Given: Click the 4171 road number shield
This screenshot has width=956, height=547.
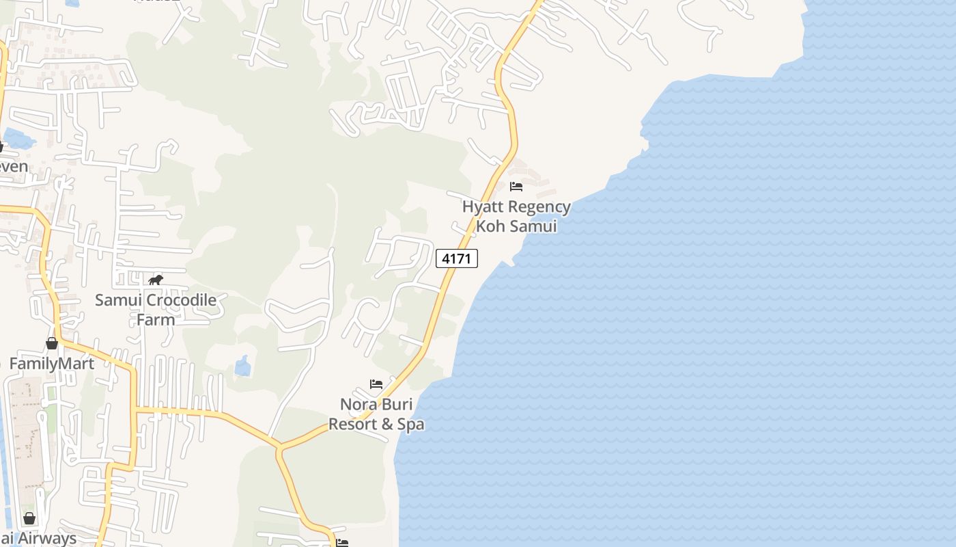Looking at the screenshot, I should click(x=457, y=258).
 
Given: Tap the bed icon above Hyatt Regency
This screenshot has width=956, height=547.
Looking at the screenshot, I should click(x=516, y=186).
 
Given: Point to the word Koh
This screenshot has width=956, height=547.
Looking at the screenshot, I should click(x=490, y=226).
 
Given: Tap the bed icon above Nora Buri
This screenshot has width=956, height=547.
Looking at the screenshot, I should click(x=376, y=384).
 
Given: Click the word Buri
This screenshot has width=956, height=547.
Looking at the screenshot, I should click(x=397, y=404).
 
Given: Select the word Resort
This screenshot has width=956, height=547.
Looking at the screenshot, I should click(x=352, y=424).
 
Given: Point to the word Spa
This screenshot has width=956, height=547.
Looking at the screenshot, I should click(x=411, y=424).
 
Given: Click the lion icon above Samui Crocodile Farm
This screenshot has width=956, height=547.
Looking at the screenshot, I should click(x=156, y=280).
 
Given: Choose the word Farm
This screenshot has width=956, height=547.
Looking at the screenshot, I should click(x=156, y=319).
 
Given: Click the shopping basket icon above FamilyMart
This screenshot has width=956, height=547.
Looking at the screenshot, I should click(x=52, y=343).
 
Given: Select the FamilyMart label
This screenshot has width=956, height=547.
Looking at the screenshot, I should click(x=52, y=363).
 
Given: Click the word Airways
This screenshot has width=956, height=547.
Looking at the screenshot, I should click(x=47, y=538).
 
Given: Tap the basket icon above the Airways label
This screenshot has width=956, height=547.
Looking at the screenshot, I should click(x=29, y=518).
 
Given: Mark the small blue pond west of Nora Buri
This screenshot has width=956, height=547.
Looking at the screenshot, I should click(x=243, y=366).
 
